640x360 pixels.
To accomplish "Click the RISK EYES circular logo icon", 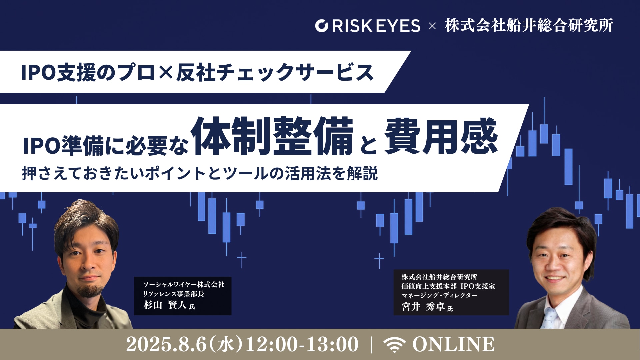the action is [x=322, y=26].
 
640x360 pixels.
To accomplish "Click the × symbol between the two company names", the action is [x=432, y=26].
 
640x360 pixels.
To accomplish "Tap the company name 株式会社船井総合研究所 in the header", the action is [x=529, y=25].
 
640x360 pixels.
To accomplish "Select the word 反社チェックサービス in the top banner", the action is [x=275, y=72].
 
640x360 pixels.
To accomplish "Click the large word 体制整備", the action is [x=272, y=136].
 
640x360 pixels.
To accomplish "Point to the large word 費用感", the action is [x=441, y=136].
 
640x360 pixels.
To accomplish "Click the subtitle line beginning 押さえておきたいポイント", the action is [x=200, y=173].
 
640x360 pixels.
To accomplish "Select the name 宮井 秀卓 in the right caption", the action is [x=423, y=306].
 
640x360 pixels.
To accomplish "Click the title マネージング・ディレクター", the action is [x=439, y=295].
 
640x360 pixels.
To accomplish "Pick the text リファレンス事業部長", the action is [x=173, y=294].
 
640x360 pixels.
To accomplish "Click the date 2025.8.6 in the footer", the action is [x=166, y=344].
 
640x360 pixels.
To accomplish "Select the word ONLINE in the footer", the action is [x=454, y=344].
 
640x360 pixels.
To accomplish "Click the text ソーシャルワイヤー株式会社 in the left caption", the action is [x=184, y=284].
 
